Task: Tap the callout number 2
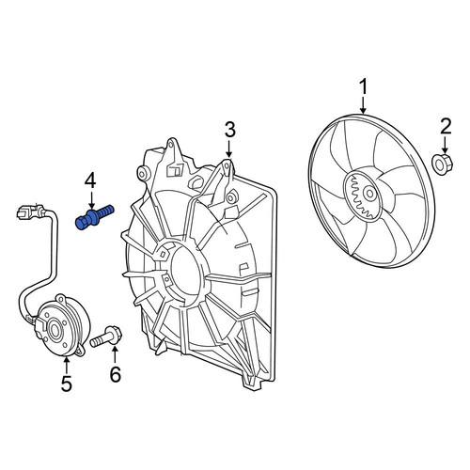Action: pos(445,127)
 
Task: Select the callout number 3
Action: pos(229,130)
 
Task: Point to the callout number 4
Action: pos(91,180)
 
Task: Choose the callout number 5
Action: pos(67,384)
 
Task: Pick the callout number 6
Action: pos(116,374)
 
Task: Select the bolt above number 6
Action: pos(106,337)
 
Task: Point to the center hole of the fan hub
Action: pos(370,194)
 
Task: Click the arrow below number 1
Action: pos(363,105)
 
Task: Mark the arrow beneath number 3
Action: pos(229,149)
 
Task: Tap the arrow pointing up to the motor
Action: pos(67,365)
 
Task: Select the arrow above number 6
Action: pos(116,356)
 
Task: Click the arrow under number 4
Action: pos(91,200)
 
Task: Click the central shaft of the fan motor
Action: pos(54,331)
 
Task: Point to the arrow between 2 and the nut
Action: pos(445,145)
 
